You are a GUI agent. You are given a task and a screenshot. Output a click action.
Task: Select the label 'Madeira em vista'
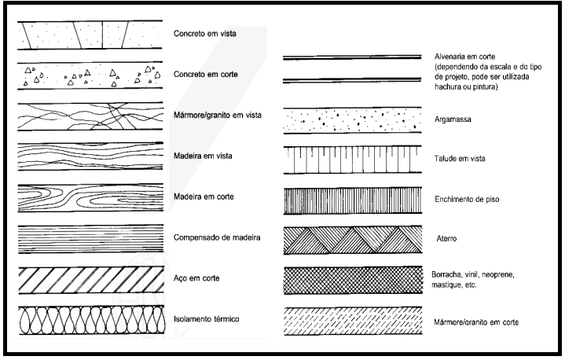(202, 156)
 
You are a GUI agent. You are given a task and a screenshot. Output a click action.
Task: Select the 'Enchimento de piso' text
(467, 200)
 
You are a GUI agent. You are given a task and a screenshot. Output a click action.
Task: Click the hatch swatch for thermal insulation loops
(89, 320)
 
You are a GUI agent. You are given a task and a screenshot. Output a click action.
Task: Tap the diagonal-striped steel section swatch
(89, 279)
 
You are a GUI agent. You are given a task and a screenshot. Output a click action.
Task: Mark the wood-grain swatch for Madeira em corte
(89, 197)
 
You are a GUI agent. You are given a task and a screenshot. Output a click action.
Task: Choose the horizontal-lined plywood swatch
(89, 237)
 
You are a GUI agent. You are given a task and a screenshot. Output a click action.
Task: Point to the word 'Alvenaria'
(451, 57)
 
